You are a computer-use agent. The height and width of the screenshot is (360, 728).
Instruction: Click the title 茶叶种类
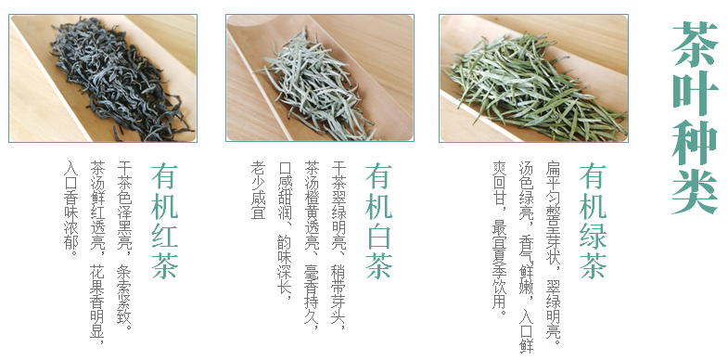pos(695,118)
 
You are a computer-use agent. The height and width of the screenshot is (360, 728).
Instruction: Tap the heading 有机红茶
pos(164,221)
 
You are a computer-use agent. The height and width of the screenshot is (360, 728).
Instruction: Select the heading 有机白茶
pos(379,221)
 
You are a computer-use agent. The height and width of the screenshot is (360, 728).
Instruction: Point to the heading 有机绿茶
pos(593,221)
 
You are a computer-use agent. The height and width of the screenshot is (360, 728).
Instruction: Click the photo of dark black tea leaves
pos(103,78)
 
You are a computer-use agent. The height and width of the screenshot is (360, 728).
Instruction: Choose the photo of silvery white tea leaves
pos(320,78)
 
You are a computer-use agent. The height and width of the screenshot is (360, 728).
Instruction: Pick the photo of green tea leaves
pos(533,78)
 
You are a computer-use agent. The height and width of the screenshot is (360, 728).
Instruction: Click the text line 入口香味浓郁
pos(71,208)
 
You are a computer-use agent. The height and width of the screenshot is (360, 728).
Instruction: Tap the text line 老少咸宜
pos(259,190)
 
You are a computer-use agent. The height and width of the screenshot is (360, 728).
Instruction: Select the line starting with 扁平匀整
pos(553,253)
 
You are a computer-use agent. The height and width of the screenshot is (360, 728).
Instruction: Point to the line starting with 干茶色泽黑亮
pos(124,245)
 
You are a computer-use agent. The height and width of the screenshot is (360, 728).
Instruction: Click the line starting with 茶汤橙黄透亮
pos(312,245)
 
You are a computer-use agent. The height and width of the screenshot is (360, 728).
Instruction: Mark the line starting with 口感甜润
pos(285,230)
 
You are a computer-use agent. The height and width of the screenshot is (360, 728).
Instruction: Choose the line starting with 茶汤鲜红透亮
pos(97,253)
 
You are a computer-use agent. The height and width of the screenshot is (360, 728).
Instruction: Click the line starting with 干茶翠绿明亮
pos(338,245)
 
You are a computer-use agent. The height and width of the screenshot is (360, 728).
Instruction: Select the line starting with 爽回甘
pos(500,237)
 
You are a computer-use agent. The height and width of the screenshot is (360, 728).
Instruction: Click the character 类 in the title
pos(695,192)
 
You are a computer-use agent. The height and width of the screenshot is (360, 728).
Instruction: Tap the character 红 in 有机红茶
pos(164,237)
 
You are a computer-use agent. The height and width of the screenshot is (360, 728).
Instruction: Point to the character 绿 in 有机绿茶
pos(593,237)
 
